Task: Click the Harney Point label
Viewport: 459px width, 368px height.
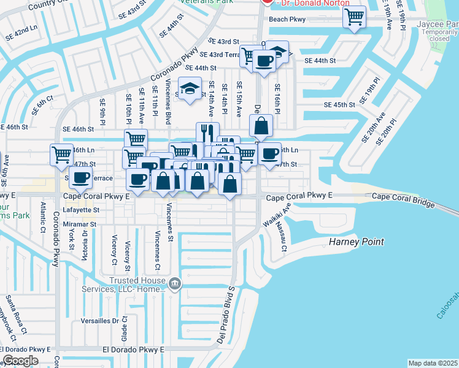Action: (x=355, y=242)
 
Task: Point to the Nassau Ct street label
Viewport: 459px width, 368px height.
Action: (x=282, y=237)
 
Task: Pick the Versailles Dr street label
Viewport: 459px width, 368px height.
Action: (x=100, y=321)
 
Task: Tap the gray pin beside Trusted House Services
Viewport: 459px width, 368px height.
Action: (x=175, y=283)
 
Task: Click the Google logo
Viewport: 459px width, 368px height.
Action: (x=20, y=361)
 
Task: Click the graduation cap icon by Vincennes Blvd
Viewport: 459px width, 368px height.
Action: (x=190, y=89)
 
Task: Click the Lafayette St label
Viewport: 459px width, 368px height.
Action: (x=81, y=210)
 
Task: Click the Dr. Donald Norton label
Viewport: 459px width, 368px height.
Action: (x=313, y=3)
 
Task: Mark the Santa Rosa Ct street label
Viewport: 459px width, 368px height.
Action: (x=17, y=315)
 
